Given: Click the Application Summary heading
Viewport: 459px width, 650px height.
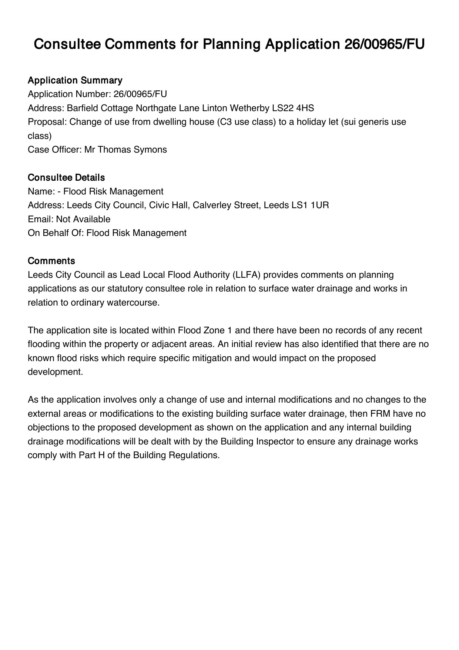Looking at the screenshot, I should click(75, 80).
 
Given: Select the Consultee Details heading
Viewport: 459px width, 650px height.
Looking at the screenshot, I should click(66, 178).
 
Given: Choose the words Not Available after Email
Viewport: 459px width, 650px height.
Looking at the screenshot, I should click(83, 219).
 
